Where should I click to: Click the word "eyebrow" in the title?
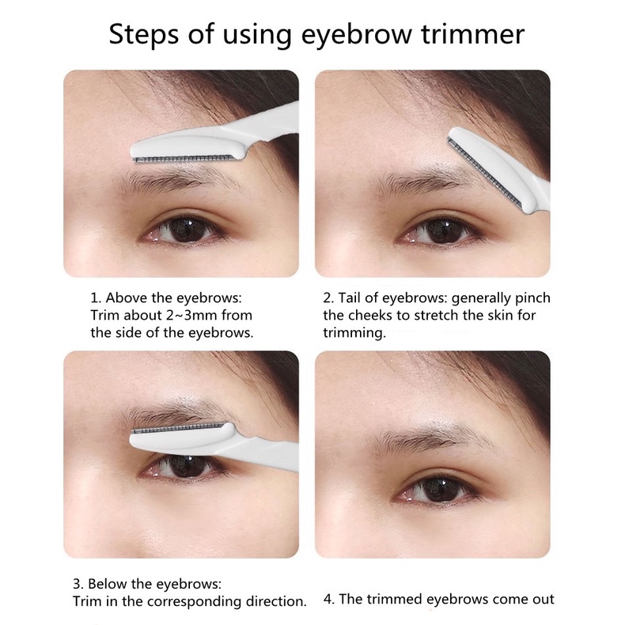click(x=356, y=35)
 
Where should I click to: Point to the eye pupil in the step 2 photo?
click(x=441, y=231)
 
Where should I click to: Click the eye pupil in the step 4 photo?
click(x=441, y=489)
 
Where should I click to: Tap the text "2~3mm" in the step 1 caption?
click(x=191, y=315)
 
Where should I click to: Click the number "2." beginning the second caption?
click(x=328, y=297)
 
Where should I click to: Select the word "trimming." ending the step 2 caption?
click(x=354, y=333)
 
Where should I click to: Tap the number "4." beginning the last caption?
click(x=329, y=599)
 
